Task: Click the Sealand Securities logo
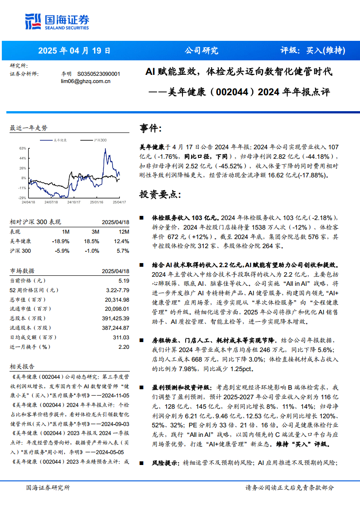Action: pos(57,21)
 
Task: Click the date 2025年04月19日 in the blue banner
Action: pos(74,51)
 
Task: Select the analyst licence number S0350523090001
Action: pos(99,74)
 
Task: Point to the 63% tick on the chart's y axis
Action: pos(23,148)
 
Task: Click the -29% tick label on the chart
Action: pos(22,198)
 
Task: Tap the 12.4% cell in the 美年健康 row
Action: pos(122,241)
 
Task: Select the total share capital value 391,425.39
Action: pos(117,318)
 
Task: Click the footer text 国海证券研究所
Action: pos(48,488)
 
